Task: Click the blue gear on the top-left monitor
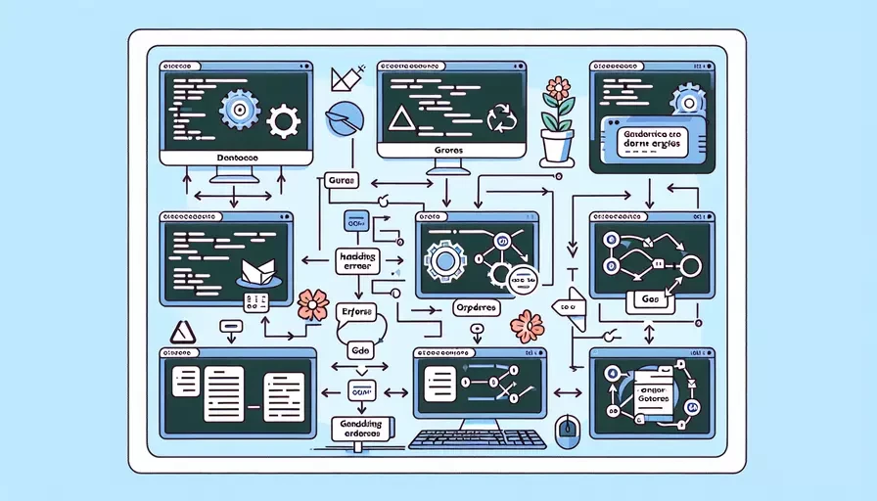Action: (240, 111)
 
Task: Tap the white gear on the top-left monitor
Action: (284, 121)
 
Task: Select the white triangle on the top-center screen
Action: (399, 120)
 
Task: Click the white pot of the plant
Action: (557, 146)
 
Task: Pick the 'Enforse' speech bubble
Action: (356, 312)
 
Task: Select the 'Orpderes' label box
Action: (477, 307)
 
